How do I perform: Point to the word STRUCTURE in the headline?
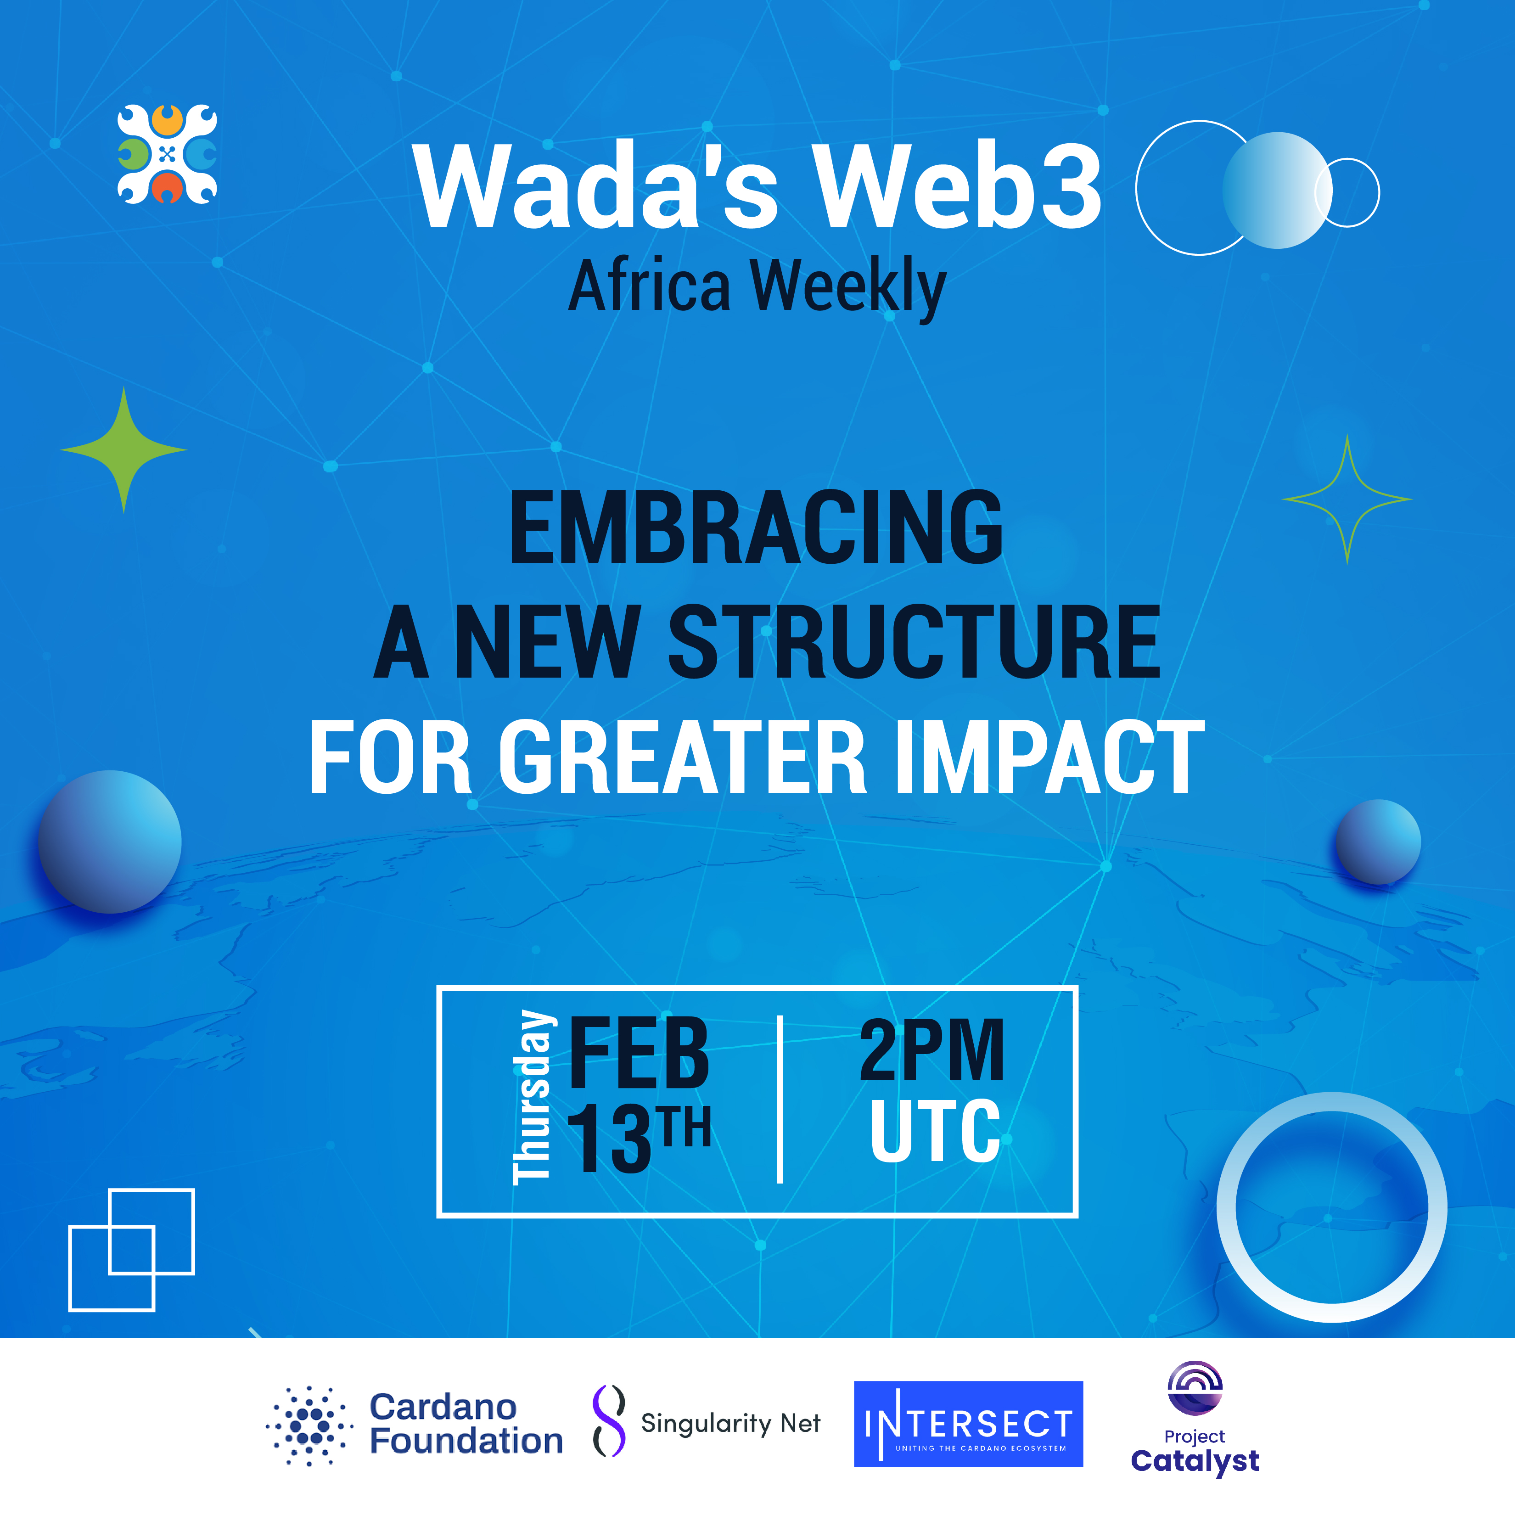coord(915,641)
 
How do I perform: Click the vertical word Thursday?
coord(533,1097)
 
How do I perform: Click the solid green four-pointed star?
coord(124,449)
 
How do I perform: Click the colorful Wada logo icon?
coord(167,154)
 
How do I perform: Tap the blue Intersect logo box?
coord(968,1424)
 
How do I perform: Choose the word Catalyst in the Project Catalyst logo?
coord(1194,1462)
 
